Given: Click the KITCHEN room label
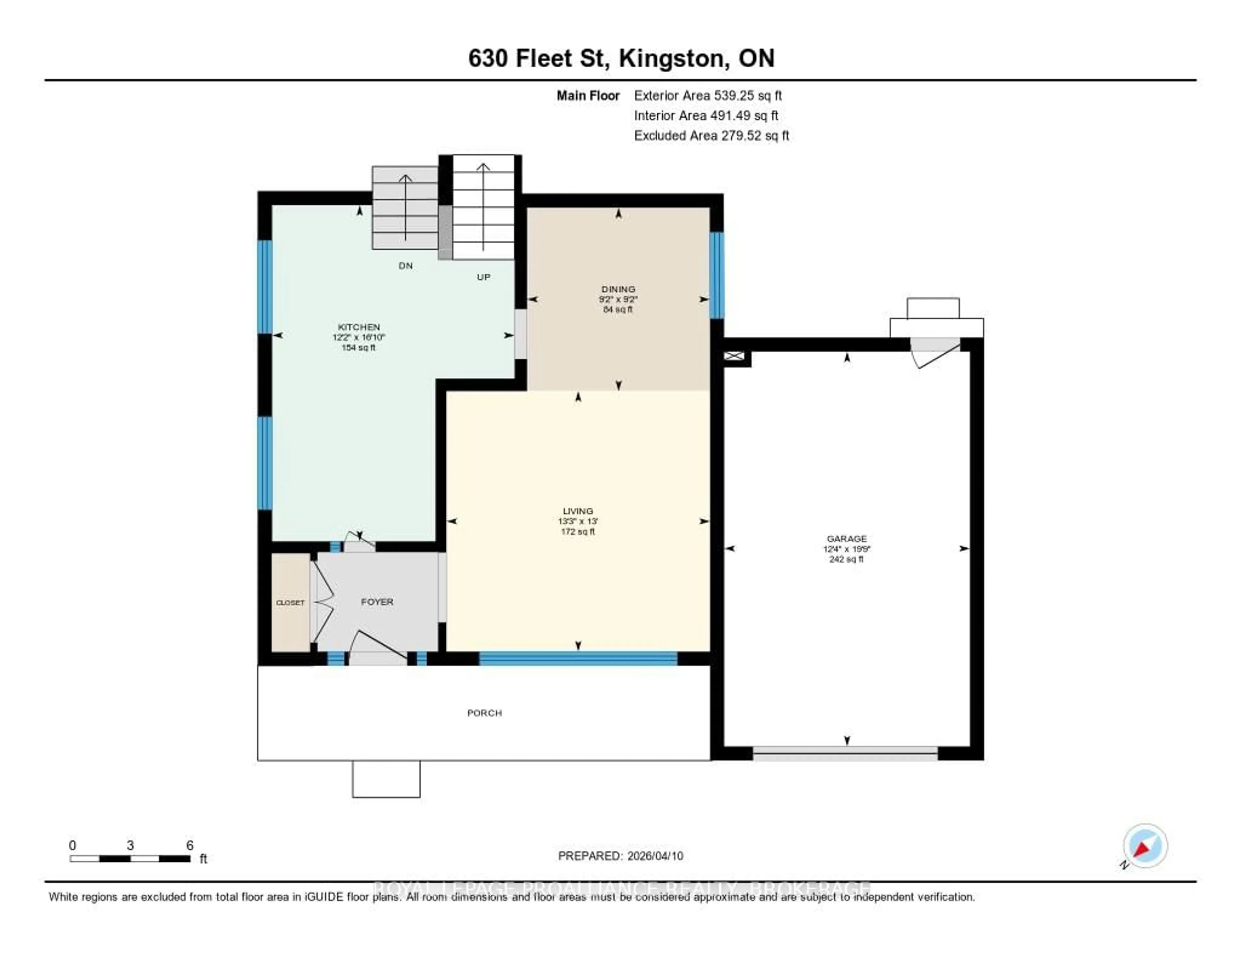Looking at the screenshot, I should point(358,327).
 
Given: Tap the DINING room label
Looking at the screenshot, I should point(618,289).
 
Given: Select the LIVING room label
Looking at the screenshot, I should point(578,511).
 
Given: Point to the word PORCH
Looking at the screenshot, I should point(484,713).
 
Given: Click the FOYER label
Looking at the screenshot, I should point(377,601).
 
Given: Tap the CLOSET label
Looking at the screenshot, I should point(290,603).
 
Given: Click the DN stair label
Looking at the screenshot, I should point(405,265).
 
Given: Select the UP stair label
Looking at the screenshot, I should point(483,277).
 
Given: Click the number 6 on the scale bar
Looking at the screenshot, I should point(190,845).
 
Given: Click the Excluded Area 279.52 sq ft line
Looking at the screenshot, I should point(711,135).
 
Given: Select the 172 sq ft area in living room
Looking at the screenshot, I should point(578,532).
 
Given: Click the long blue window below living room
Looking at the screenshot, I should point(578,658).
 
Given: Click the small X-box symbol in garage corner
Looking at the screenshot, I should point(734,356).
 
